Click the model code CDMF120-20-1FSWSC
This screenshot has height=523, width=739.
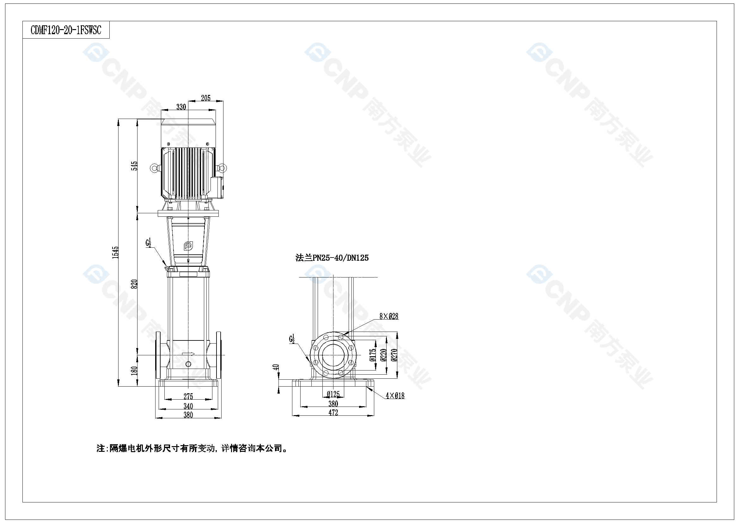66,30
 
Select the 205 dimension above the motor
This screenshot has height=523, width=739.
206,98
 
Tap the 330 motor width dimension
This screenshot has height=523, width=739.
181,107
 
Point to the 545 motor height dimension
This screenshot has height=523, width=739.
134,166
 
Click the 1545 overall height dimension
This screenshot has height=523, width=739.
115,252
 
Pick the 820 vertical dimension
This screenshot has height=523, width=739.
134,284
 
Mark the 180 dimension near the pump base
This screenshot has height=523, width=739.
134,370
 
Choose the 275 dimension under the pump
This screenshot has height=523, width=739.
188,396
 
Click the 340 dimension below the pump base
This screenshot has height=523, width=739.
188,406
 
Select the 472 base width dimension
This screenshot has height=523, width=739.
333,413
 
